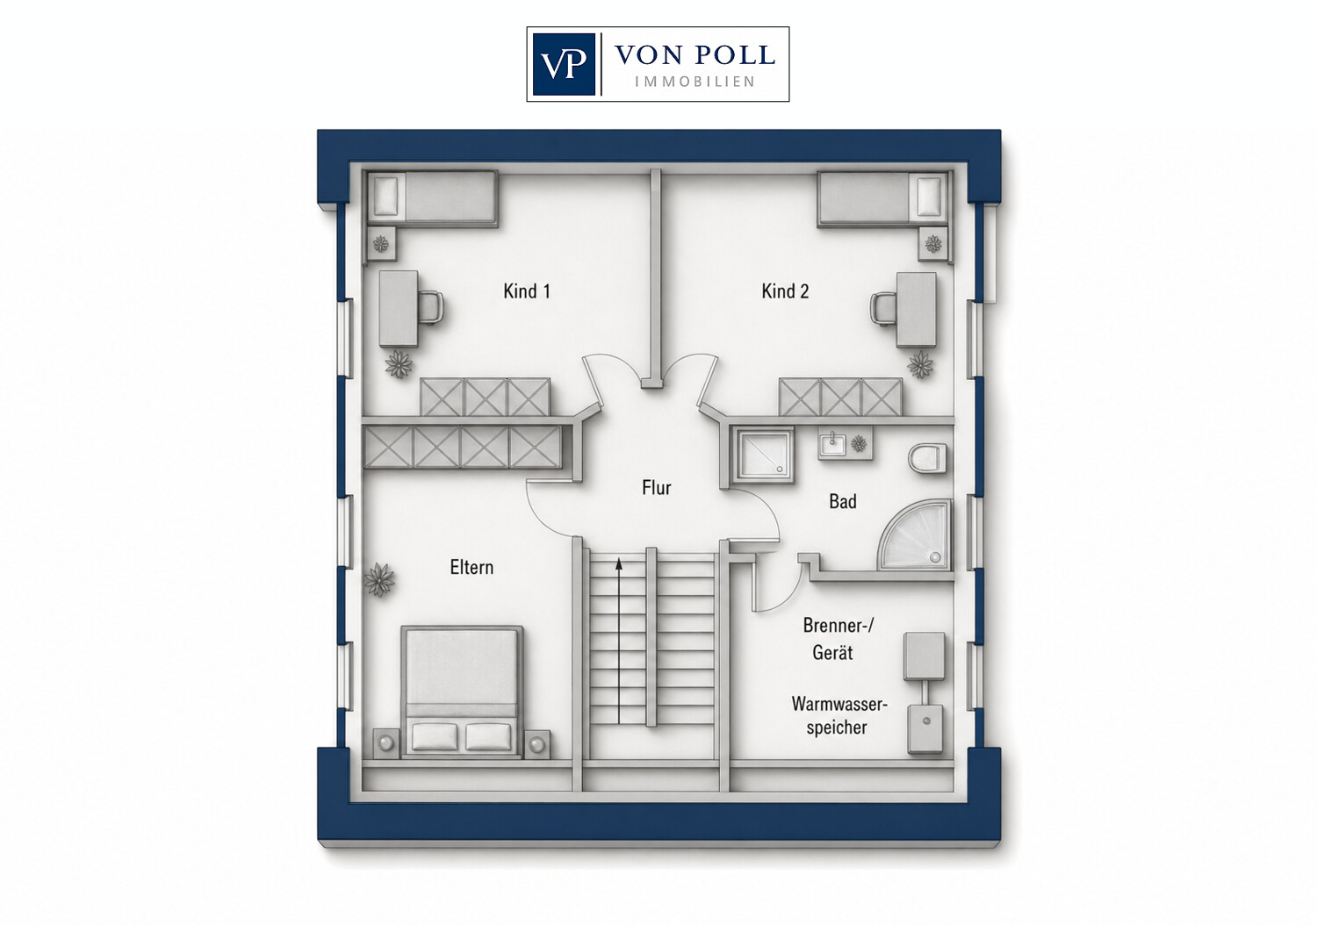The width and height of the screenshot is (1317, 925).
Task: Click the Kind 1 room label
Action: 527,290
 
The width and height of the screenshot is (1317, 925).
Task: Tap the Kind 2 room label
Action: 785,290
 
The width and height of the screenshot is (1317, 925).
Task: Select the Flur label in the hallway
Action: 656,488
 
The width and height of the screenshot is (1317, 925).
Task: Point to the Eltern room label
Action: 471,567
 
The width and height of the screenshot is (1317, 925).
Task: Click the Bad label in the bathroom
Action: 843,501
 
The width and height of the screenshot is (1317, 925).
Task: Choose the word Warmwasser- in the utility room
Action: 839,704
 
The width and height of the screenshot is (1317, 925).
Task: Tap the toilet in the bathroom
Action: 927,458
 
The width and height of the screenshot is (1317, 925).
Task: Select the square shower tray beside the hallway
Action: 763,452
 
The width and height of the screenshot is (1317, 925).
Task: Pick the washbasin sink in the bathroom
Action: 832,445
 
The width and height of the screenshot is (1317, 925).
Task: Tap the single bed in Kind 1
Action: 433,198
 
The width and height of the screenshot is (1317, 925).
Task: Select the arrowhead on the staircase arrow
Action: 618,563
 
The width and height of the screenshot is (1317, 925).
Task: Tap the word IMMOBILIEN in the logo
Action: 695,82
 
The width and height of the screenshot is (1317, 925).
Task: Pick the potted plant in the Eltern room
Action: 379,579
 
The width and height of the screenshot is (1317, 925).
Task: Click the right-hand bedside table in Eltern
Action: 536,744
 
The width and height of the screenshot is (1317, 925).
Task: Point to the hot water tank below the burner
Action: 926,729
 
